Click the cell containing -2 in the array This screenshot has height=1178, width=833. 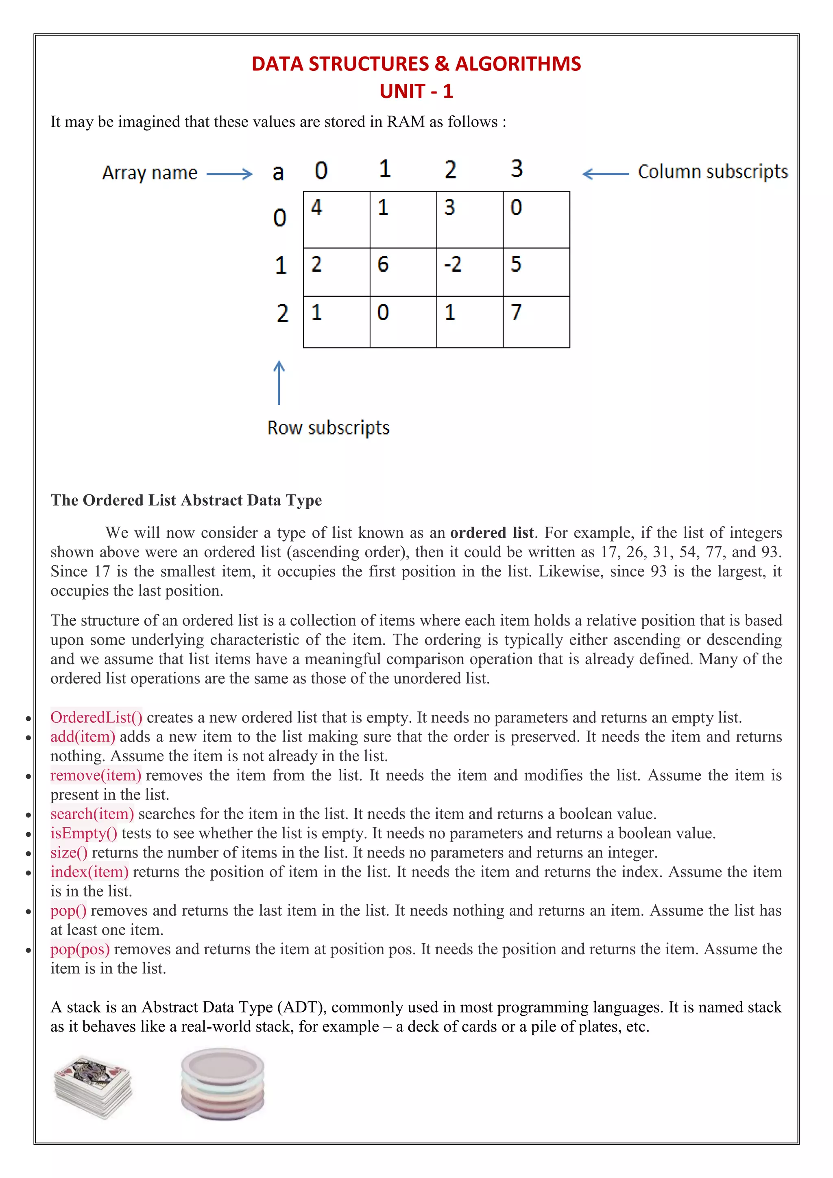469,272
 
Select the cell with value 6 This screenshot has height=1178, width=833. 403,272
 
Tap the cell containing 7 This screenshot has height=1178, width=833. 536,322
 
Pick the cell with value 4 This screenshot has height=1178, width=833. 336,220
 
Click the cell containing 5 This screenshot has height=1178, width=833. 536,272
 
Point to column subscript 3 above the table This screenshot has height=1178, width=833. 517,169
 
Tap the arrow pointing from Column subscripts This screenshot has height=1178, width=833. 606,174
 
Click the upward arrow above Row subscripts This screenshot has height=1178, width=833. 279,383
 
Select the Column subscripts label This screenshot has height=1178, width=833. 713,172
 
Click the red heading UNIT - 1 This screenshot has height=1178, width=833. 416,92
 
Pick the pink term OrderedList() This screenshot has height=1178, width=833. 96,717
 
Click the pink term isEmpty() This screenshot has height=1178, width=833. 84,833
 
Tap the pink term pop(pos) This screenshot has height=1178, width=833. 80,949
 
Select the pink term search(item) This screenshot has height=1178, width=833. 92,814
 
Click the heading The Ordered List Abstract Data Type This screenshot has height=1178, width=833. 186,500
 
